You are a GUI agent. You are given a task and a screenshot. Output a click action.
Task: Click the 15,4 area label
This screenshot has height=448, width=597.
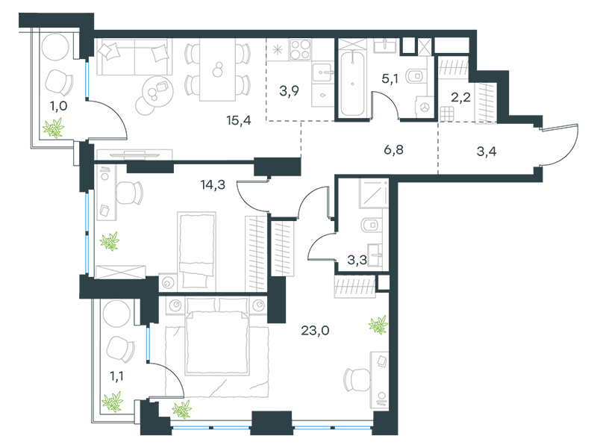(239, 121)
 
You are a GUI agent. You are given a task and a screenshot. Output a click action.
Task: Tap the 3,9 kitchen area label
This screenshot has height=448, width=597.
(289, 91)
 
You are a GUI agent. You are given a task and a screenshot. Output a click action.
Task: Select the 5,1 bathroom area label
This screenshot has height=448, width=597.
(390, 78)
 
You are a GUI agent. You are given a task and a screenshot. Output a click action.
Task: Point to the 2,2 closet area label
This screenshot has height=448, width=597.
(460, 98)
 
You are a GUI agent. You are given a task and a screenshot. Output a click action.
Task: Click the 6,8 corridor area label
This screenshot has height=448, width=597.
(393, 150)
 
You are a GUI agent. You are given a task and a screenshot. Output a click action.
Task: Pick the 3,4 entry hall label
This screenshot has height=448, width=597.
(487, 152)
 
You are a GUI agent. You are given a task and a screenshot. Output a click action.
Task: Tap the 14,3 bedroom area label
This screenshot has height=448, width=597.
(213, 185)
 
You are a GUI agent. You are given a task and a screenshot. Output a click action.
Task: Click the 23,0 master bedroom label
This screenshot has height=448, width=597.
(315, 330)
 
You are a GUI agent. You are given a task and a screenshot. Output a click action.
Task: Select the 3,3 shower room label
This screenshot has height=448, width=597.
(357, 260)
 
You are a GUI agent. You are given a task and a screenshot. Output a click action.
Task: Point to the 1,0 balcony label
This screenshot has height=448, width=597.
(59, 106)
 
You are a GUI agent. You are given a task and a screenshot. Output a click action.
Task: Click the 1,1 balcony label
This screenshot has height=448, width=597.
(116, 377)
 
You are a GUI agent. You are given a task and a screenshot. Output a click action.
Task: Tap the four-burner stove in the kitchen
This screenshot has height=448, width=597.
(301, 49)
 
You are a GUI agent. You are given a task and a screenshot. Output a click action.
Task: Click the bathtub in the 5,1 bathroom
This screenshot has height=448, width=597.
(352, 83)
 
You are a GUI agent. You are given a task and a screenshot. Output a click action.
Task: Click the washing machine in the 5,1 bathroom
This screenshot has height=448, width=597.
(425, 107)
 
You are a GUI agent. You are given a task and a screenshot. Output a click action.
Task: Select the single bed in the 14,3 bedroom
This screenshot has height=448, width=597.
(196, 251)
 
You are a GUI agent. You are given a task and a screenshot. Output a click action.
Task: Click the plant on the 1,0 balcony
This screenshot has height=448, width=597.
(54, 128)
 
